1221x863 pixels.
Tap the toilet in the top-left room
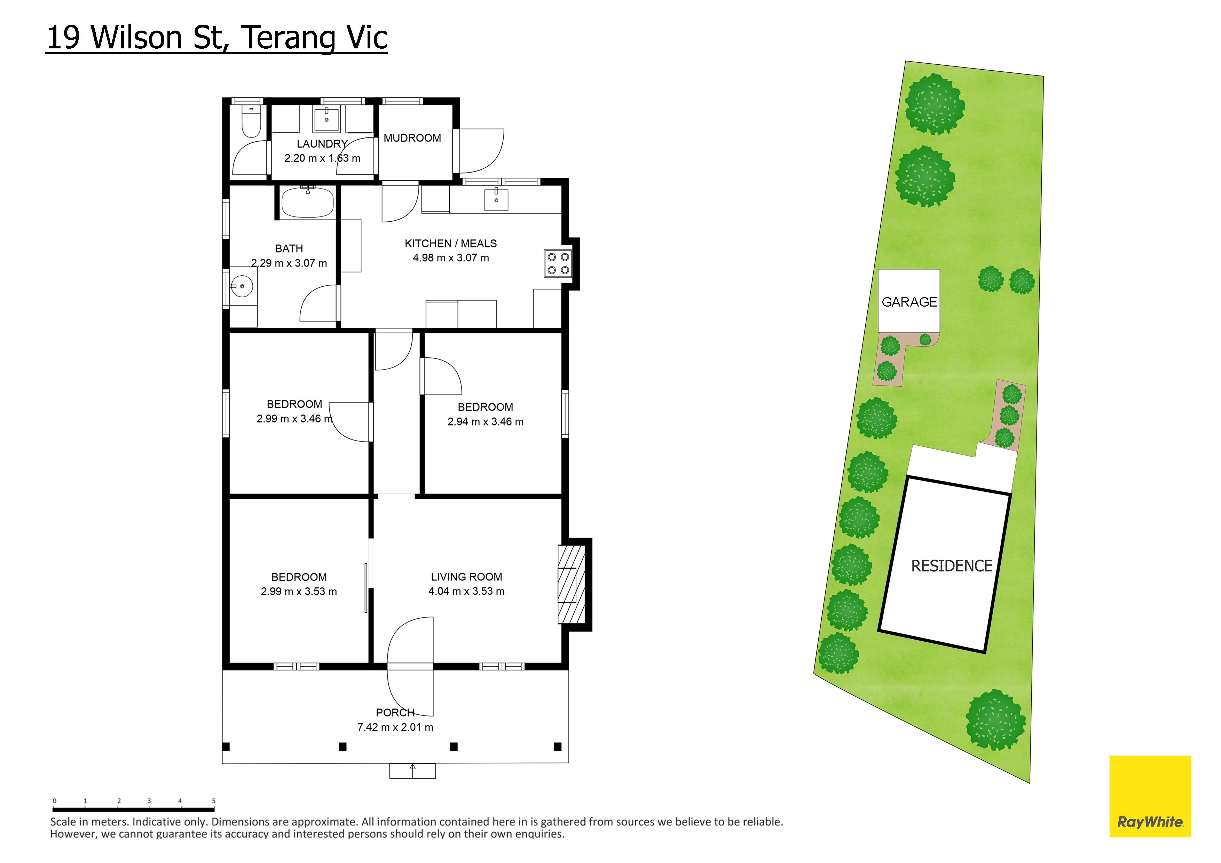point(251,121)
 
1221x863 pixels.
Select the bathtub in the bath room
point(307,202)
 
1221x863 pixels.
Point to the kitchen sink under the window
point(496,199)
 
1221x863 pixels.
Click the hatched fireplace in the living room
point(571,584)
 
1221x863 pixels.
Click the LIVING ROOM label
point(466,577)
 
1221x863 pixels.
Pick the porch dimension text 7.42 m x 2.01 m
point(395,727)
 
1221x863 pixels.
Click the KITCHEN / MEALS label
point(451,244)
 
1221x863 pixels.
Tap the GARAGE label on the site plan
point(909,302)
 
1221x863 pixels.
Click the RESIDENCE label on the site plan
point(952,566)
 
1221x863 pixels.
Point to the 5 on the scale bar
point(214,801)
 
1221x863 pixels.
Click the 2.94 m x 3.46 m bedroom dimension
point(486,422)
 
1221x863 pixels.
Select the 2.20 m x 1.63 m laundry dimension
point(322,158)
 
